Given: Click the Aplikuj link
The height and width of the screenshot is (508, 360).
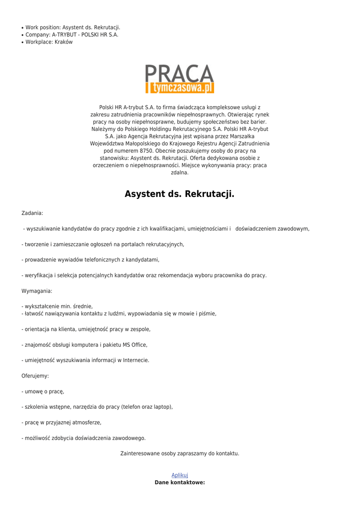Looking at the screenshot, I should coord(180,475).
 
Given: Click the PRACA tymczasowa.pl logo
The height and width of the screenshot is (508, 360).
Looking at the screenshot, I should coord(180,78).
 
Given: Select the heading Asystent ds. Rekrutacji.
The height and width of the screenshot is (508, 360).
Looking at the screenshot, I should coord(179,194).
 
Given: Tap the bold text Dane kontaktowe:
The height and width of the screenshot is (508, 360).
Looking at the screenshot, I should coord(180,483).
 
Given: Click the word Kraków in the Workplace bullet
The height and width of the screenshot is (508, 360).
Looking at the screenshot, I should coord(64,42).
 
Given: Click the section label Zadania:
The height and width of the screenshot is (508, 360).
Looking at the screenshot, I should coord(32,213).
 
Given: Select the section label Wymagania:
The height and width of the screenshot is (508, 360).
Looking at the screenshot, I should coord(37,291).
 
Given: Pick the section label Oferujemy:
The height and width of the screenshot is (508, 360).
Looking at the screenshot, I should coord(35,376).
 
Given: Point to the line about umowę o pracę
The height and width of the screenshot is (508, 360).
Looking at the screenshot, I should coord(43,391).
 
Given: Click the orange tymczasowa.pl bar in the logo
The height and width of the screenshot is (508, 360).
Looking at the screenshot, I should coord(180,88).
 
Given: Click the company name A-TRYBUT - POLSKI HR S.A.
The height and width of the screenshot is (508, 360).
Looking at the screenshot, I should coord(85,35).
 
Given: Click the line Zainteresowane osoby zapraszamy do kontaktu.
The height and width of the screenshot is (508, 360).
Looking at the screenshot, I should coord(180,453).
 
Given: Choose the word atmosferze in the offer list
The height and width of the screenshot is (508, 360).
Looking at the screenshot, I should coord(87,423).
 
